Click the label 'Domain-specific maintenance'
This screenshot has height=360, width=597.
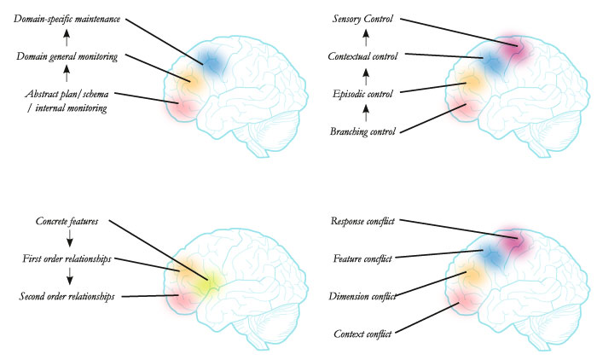pos(67,19)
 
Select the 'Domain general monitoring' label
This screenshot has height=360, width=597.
pos(67,57)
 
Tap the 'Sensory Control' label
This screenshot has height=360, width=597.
pos(362,19)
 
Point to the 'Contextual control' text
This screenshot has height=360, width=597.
pos(362,56)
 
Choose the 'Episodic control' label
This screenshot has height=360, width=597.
pos(362,94)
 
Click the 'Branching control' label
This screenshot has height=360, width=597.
pos(362,132)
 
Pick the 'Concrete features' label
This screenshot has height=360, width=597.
pos(67,221)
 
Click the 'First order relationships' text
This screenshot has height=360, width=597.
pos(67,259)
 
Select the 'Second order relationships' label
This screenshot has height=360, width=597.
pos(67,296)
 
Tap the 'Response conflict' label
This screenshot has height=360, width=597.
pos(362,221)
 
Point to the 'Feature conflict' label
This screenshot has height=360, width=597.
pos(362,259)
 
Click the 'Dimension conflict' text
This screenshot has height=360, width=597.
pos(362,296)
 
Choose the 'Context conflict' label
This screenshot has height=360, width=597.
pos(362,334)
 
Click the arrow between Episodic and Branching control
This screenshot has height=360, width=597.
pos(366,113)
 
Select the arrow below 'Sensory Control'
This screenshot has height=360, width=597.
pos(366,38)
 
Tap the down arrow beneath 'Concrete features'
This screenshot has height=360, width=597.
pos(70,239)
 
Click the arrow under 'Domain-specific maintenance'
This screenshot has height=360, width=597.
pos(67,38)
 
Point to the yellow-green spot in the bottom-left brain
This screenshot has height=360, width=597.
pos(207,285)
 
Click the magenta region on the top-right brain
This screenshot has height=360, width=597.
pos(515,49)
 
